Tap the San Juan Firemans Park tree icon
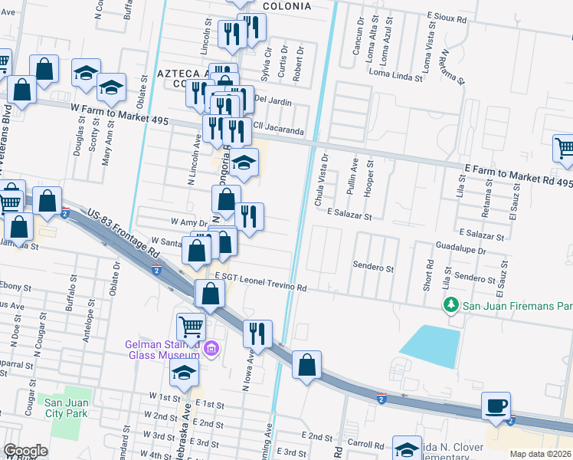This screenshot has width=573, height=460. [452, 306]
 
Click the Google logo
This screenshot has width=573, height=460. [25, 451]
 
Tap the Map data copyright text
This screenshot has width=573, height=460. [541, 454]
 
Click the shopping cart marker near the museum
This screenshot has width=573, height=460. [191, 327]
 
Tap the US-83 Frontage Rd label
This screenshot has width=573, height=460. [123, 235]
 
